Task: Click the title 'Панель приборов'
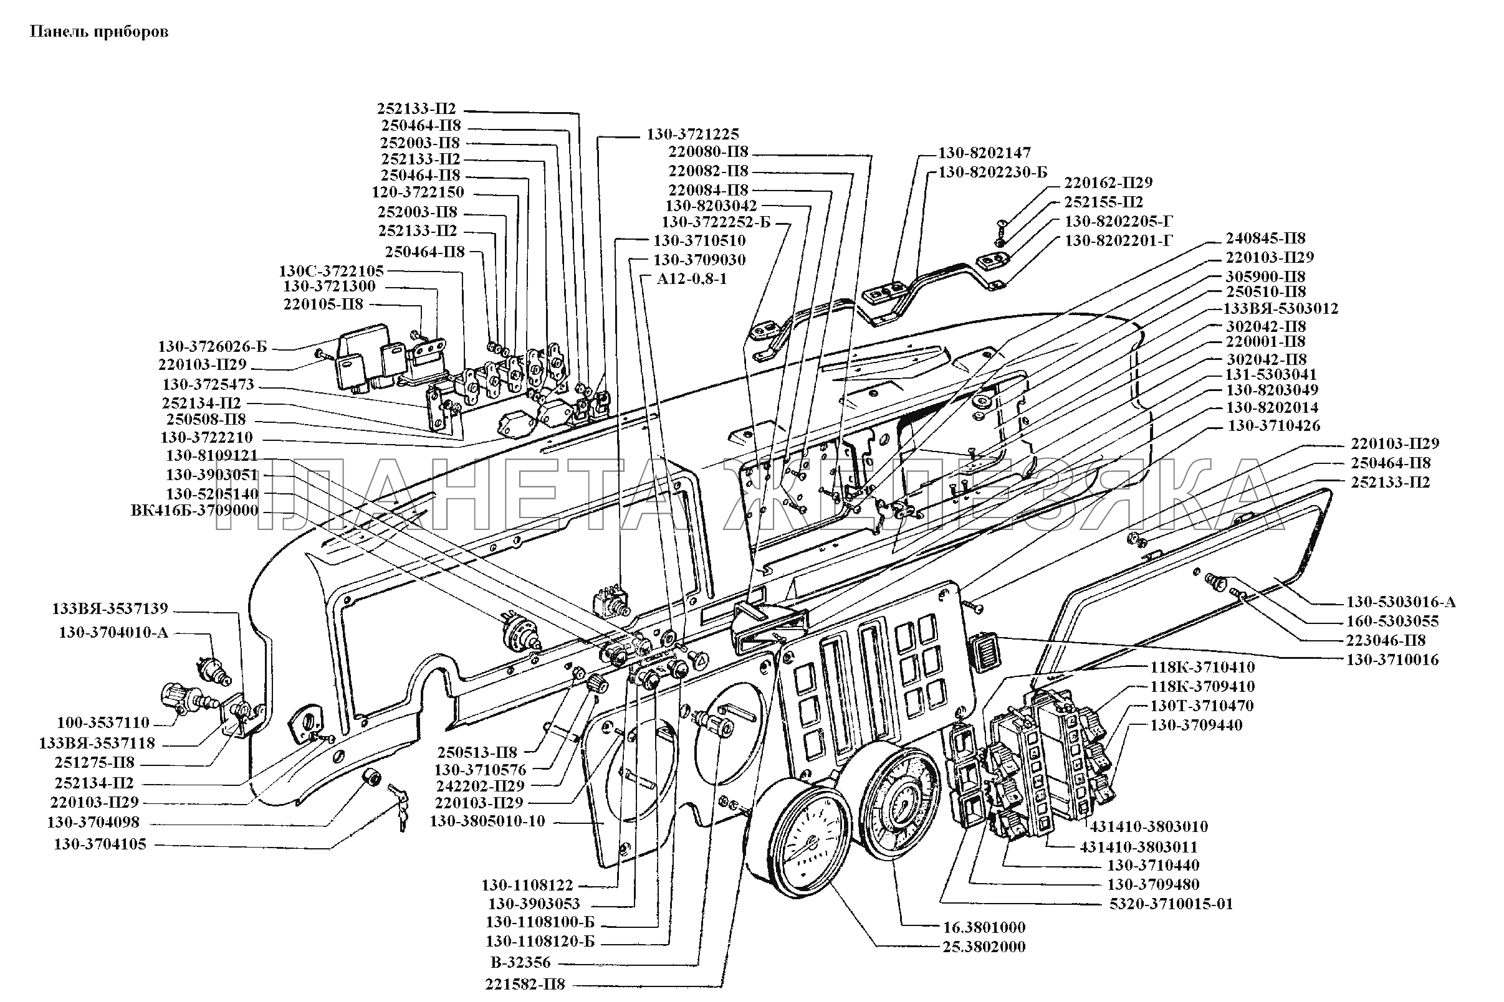(99, 32)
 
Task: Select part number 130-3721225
(692, 134)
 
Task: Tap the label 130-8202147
(985, 153)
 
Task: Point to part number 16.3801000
(984, 927)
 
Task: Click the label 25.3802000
(984, 947)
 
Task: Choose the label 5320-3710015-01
(1170, 904)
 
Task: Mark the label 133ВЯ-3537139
(110, 609)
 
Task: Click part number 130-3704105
(100, 844)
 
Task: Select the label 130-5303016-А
(1401, 602)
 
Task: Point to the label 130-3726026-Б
(213, 347)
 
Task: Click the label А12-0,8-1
(692, 279)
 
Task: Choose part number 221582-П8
(525, 983)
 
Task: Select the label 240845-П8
(1265, 239)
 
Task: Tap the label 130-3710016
(1392, 659)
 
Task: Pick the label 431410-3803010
(1149, 826)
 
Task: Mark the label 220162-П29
(1108, 182)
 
